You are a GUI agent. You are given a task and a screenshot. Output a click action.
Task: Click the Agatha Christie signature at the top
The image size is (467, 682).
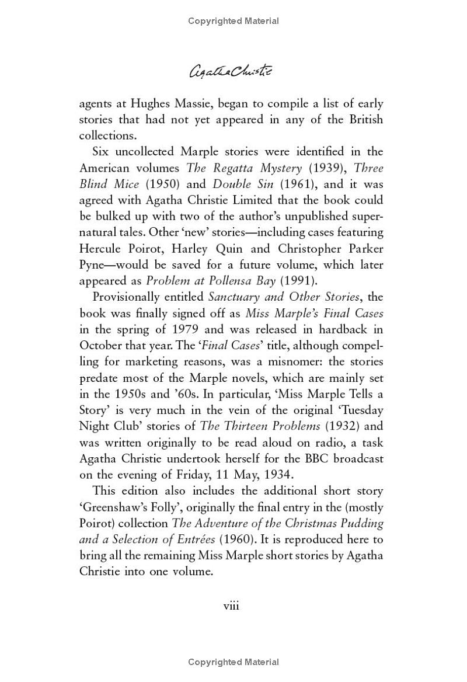[x=233, y=71]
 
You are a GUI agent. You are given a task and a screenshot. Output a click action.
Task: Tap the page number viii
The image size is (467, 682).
[x=232, y=606]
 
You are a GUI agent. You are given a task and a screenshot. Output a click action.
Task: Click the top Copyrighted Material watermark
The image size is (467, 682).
[x=233, y=21]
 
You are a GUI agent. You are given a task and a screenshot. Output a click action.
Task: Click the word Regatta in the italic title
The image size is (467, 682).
[x=233, y=168]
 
